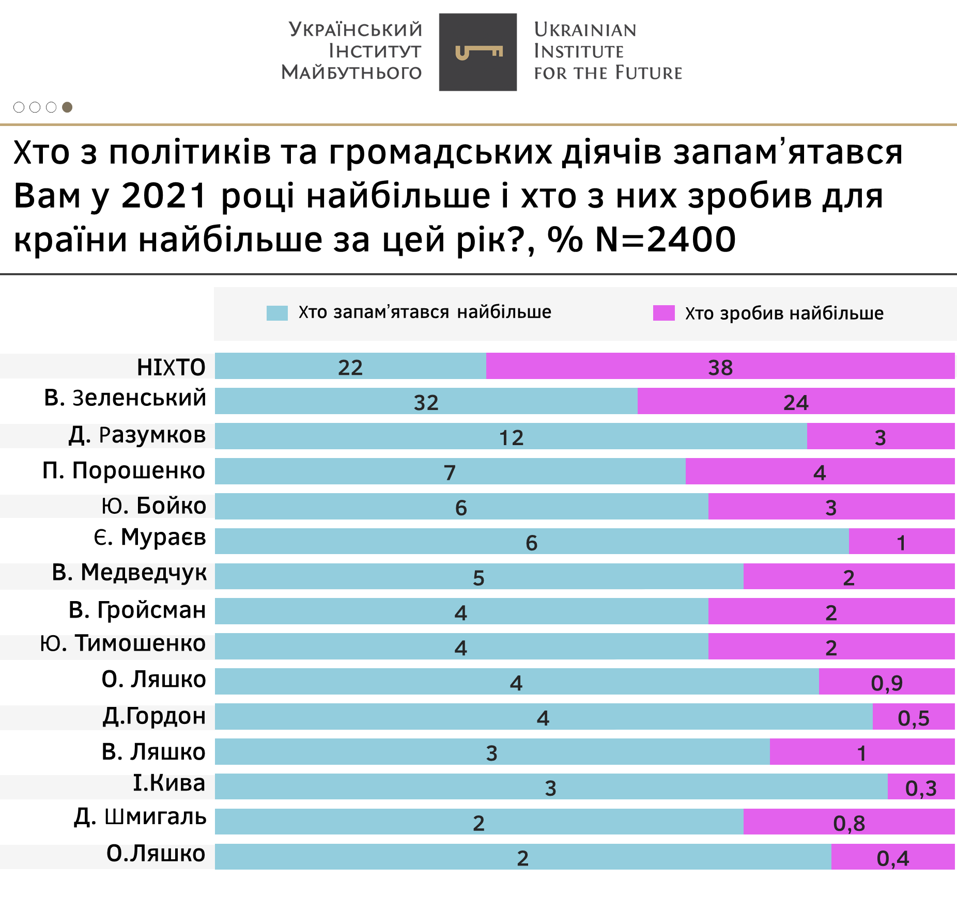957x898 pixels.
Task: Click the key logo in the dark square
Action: [478, 52]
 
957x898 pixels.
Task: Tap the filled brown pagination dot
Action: [67, 107]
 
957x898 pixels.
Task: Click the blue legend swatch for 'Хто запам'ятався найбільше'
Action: [277, 313]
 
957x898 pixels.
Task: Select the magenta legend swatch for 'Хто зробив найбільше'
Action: [663, 313]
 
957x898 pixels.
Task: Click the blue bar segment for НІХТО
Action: [350, 366]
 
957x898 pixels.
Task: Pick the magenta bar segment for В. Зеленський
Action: [796, 401]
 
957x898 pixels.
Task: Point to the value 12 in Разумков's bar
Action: [511, 437]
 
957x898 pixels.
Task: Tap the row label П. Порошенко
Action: [124, 470]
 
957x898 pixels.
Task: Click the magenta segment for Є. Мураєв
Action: [901, 541]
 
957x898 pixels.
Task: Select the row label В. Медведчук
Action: [129, 573]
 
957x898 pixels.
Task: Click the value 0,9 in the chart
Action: [887, 683]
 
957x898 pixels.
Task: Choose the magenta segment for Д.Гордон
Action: [913, 717]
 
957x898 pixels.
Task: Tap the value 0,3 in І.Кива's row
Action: [921, 787]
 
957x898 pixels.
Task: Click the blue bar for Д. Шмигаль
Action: [478, 822]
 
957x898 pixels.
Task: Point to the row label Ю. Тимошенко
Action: [123, 643]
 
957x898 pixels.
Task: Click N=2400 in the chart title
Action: [666, 239]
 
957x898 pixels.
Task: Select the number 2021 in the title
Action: [164, 196]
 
